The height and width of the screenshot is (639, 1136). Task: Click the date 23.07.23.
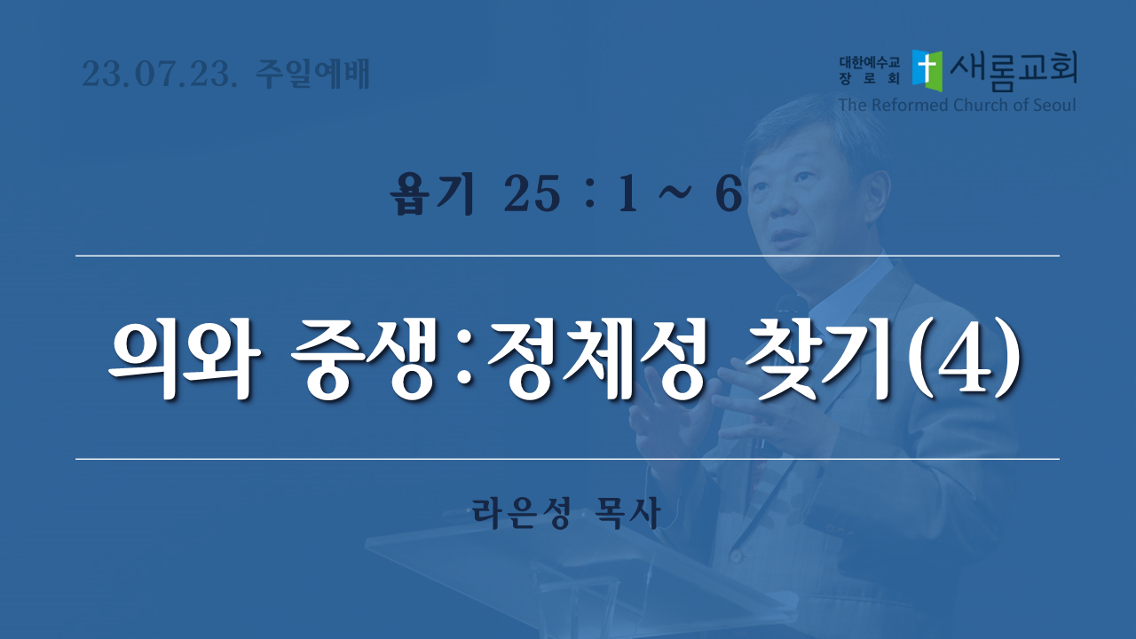click(x=160, y=74)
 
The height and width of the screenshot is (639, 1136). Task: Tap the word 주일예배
click(x=312, y=74)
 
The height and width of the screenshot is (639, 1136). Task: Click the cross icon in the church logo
click(x=927, y=70)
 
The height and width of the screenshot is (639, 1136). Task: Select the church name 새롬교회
click(x=1014, y=71)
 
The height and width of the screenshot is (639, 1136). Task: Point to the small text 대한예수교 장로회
click(x=869, y=70)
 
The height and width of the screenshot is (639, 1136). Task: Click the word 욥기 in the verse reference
click(x=432, y=193)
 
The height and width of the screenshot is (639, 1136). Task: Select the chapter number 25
click(x=532, y=194)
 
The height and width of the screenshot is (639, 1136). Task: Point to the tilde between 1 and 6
click(x=674, y=192)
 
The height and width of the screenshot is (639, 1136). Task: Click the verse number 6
click(x=729, y=194)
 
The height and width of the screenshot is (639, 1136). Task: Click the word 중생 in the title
click(x=362, y=359)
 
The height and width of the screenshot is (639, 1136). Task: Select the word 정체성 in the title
click(x=597, y=359)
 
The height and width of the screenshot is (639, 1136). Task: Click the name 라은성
click(x=521, y=513)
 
